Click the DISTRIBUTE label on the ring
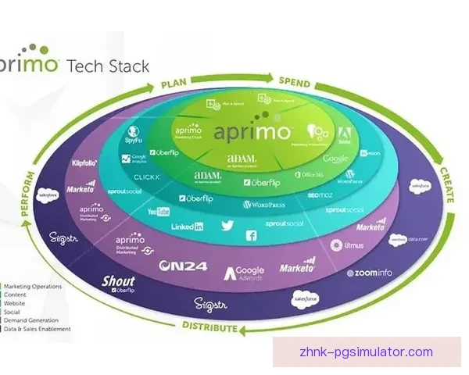[209, 327]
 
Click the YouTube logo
[159, 212]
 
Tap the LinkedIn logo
[188, 227]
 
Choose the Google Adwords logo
[245, 273]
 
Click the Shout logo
[119, 282]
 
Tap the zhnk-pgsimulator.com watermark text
[365, 352]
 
